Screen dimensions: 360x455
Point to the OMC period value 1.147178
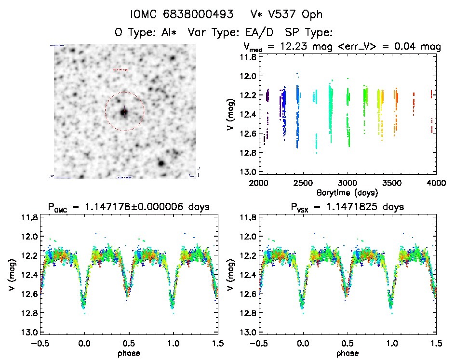[x=111, y=207]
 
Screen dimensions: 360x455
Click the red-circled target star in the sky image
[x=124, y=112]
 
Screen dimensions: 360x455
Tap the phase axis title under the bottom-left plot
[x=129, y=353]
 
